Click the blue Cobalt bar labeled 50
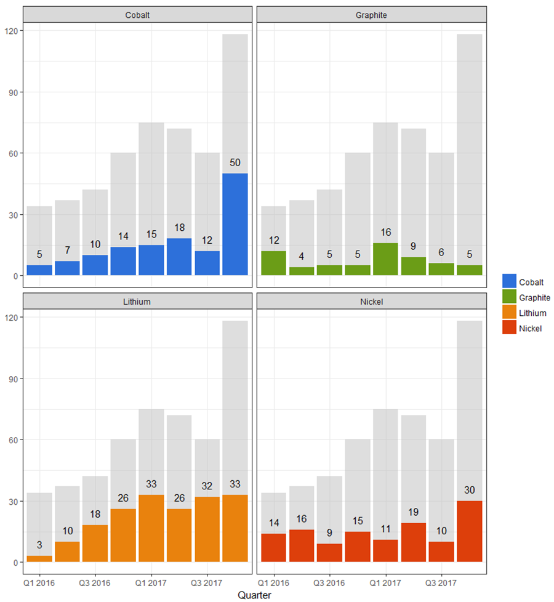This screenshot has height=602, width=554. (x=235, y=224)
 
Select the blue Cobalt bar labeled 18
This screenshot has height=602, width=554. (x=179, y=257)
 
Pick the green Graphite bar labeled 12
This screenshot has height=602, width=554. (x=273, y=263)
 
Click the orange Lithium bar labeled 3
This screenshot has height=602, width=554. (x=39, y=559)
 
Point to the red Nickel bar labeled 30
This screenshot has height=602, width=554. (x=469, y=531)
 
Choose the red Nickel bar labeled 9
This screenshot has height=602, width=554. (x=329, y=553)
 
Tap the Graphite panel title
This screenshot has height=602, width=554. (x=371, y=15)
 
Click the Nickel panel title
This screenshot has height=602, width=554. (x=371, y=302)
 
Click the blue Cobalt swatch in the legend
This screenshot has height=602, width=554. (x=509, y=281)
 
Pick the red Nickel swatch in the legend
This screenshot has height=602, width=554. (x=509, y=328)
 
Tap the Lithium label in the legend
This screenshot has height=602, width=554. (x=532, y=313)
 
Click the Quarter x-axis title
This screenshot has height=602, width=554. (x=254, y=595)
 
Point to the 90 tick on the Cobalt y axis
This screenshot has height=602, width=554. (x=12, y=92)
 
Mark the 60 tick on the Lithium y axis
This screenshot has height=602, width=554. (x=12, y=440)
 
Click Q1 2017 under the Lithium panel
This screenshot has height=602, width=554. (x=151, y=582)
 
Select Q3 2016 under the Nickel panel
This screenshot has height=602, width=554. (x=329, y=582)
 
